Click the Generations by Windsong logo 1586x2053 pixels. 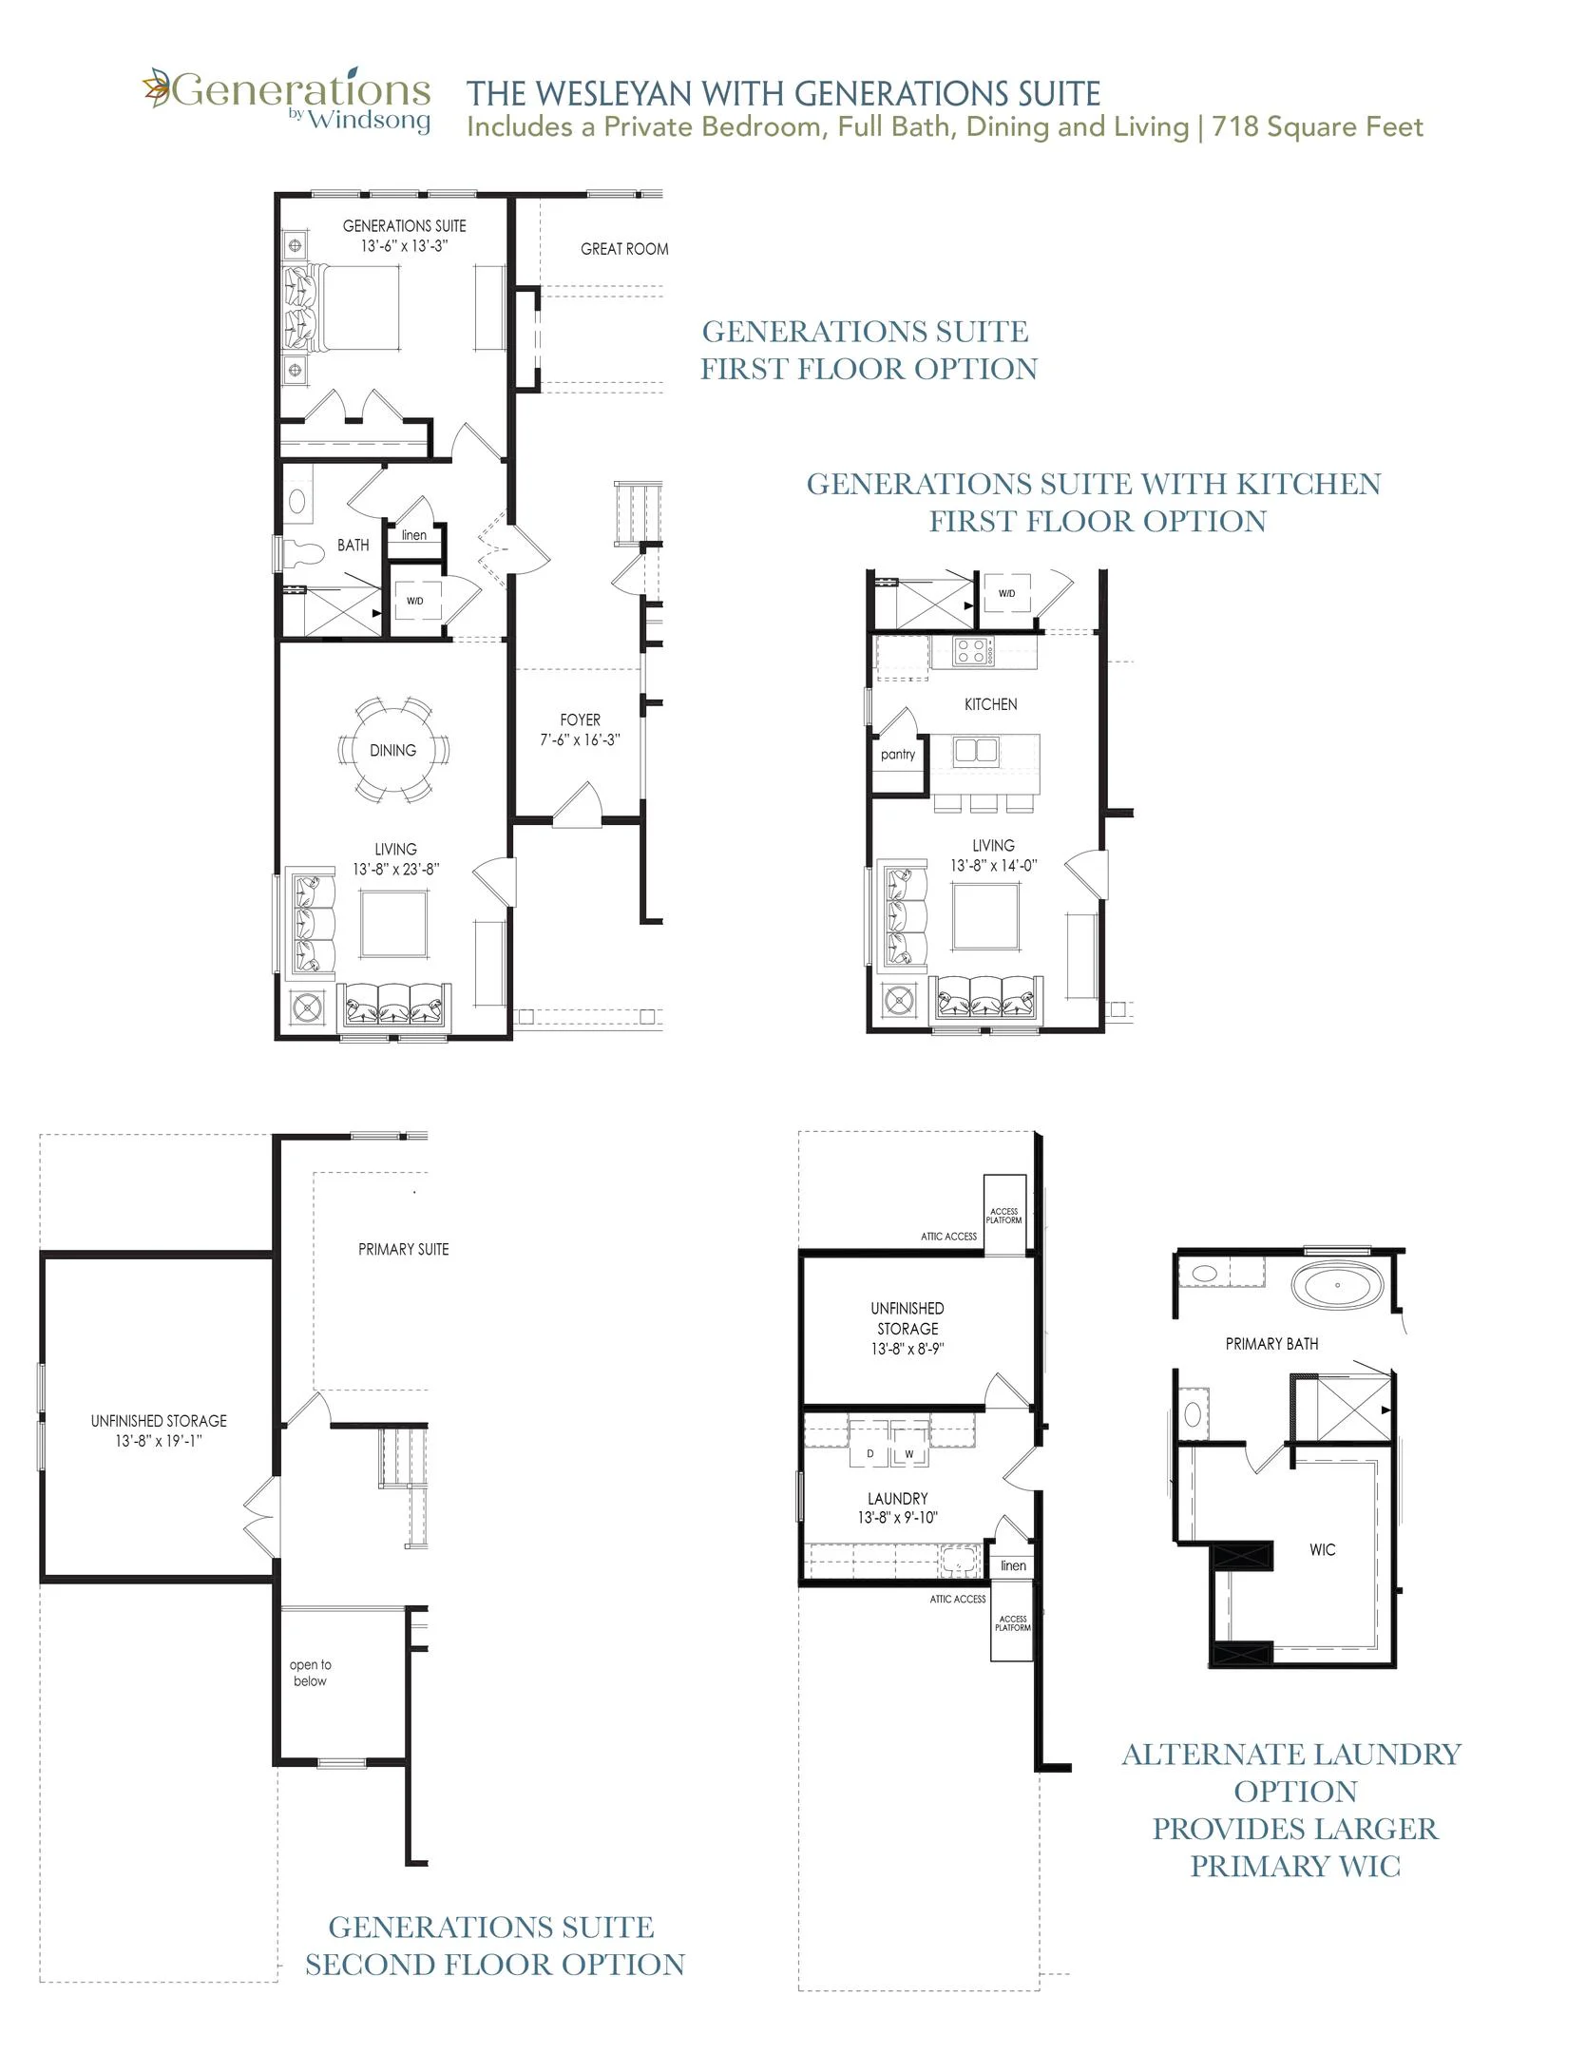[286, 100]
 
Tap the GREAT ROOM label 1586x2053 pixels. [624, 249]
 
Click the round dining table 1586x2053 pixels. [392, 750]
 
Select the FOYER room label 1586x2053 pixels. [580, 720]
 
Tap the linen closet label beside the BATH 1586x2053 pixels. [414, 535]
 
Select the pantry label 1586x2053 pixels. [898, 755]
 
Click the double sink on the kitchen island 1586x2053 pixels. [976, 751]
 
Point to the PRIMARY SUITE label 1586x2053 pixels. [403, 1249]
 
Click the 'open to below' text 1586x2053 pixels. [310, 1673]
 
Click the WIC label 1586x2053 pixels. [1322, 1549]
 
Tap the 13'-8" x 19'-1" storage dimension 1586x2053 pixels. [159, 1441]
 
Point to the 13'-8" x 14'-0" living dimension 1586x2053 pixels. [993, 866]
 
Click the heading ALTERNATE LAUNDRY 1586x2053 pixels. [1291, 1755]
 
